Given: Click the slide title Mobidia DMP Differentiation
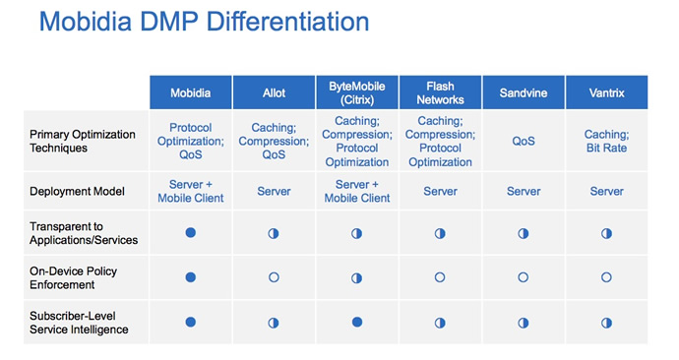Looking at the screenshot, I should (x=204, y=22).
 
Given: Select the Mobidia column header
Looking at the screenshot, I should (x=190, y=92).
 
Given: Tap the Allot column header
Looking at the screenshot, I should (x=274, y=92).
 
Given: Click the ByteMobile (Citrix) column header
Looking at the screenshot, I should (x=356, y=92).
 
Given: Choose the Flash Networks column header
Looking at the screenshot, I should (x=440, y=92).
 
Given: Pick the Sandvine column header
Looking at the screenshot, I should (x=523, y=92).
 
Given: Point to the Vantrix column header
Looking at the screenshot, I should (x=606, y=92).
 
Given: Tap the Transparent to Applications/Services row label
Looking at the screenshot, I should (x=85, y=233).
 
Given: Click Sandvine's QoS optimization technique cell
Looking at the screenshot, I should (x=523, y=141).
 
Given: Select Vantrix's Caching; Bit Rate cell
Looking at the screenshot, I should (x=606, y=141).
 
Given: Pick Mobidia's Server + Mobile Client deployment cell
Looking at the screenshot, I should (x=190, y=191).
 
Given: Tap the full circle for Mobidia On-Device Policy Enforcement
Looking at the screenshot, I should (x=190, y=277).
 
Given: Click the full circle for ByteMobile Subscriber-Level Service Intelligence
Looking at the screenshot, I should (x=356, y=322).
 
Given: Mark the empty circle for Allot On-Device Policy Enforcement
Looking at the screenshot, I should (x=274, y=277).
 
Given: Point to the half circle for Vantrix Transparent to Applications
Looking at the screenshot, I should (x=606, y=233).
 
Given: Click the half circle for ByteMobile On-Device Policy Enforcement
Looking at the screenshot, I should (x=356, y=277).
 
